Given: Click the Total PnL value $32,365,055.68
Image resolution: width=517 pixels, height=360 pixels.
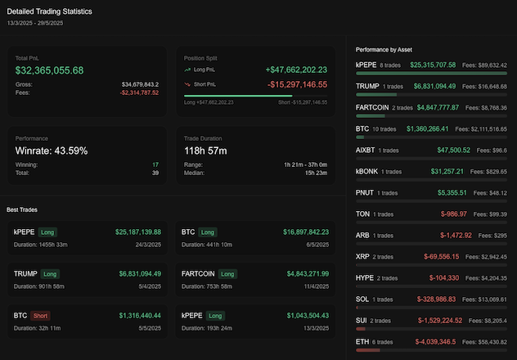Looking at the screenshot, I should click(49, 70).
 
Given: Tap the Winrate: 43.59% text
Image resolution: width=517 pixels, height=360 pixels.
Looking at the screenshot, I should click(52, 151).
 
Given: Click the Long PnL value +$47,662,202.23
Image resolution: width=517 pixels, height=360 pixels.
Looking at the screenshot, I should click(296, 70).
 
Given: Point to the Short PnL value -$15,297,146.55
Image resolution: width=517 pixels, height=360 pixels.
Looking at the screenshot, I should click(296, 83).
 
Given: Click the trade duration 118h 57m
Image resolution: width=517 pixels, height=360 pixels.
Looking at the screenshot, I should click(212, 151).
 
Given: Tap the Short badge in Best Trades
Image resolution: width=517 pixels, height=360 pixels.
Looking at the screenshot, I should click(41, 315).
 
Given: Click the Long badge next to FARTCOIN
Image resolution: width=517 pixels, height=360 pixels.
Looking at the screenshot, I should click(227, 273).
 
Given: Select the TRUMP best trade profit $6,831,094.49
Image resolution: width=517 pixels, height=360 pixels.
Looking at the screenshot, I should click(138, 273).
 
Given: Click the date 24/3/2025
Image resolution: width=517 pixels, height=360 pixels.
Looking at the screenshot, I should click(147, 244).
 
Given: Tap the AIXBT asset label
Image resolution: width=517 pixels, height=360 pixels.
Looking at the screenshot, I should click(366, 150).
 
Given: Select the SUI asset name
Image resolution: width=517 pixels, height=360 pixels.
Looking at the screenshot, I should click(362, 320).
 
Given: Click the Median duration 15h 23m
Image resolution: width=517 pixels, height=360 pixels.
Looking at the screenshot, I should click(316, 173).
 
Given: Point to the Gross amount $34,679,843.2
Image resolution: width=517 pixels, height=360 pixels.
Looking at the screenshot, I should click(140, 83).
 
